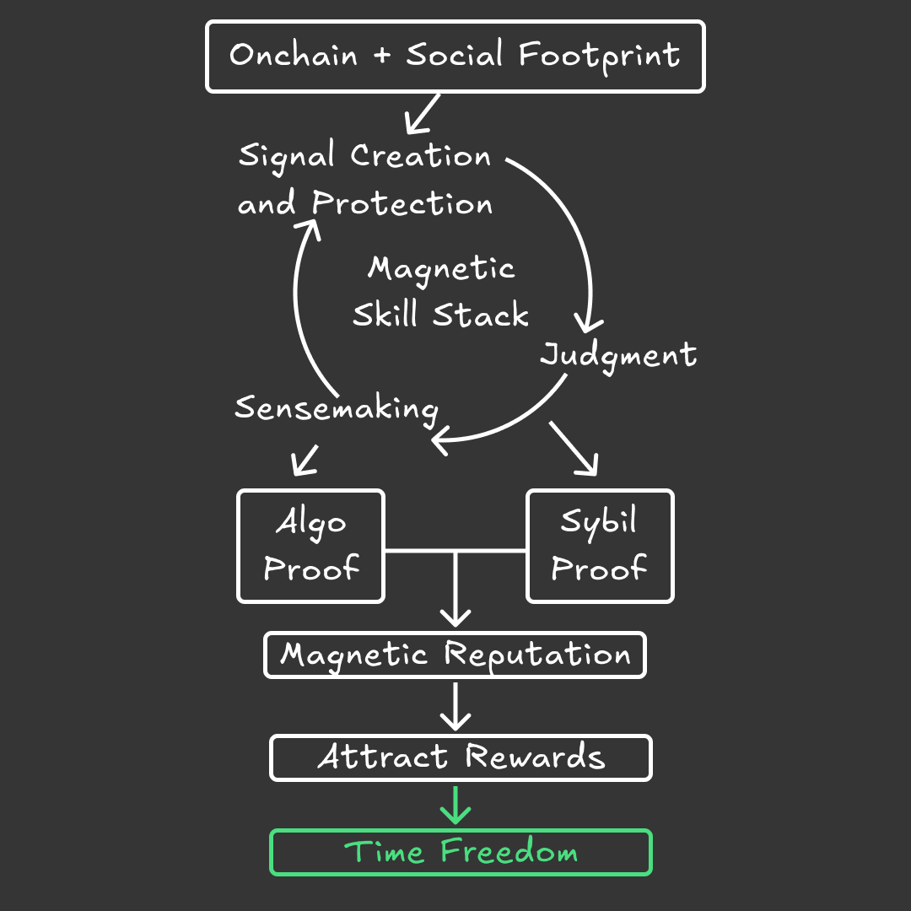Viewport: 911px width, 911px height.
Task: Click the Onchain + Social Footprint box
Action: [455, 57]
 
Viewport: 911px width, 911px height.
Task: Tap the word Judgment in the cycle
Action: [618, 355]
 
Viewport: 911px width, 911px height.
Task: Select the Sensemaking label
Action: [336, 408]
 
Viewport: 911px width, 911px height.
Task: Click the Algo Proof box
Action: [310, 546]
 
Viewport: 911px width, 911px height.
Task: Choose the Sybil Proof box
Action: [600, 546]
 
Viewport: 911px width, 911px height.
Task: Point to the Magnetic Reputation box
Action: [455, 655]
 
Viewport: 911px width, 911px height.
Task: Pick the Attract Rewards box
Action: [461, 757]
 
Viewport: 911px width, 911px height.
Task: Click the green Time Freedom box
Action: [461, 852]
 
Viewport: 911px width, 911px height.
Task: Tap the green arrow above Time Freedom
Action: [455, 805]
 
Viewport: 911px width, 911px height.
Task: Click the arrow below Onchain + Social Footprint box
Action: [423, 113]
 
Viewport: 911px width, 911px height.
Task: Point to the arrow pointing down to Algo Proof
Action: [305, 460]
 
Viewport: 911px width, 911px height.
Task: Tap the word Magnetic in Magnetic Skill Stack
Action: [441, 269]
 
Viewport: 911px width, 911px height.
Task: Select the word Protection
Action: [402, 204]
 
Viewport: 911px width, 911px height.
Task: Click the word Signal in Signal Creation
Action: [287, 157]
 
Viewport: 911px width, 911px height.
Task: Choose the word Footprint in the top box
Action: [599, 57]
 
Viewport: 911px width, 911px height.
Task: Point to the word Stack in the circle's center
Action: [481, 315]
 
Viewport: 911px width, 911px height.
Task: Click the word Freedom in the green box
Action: [509, 852]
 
